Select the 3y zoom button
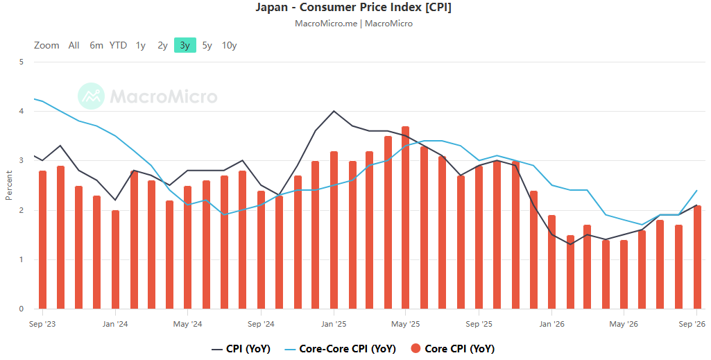[x=185, y=45]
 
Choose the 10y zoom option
[x=229, y=45]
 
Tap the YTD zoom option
[x=118, y=45]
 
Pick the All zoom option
[x=74, y=45]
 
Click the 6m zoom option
[x=96, y=45]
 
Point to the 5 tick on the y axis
[x=22, y=62]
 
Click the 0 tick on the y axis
[x=22, y=309]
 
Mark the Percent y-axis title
[x=8, y=185]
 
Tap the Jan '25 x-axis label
[x=334, y=324]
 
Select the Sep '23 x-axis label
[x=42, y=324]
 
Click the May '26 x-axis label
[x=624, y=324]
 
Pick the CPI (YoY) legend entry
[x=241, y=349]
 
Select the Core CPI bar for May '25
[x=405, y=218]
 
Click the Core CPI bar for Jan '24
[x=115, y=260]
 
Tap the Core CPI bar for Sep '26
[x=697, y=257]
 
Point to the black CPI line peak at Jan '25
[x=334, y=110]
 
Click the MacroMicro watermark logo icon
[x=91, y=96]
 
